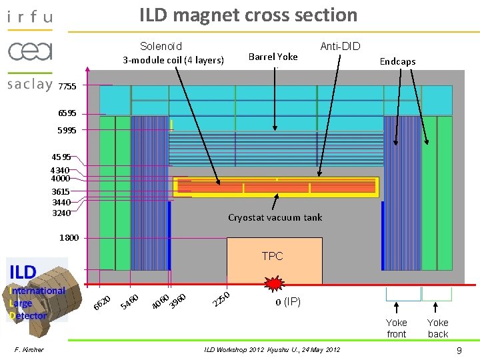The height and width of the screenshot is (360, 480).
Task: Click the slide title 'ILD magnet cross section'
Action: (248, 15)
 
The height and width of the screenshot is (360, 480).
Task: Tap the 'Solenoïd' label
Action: (161, 46)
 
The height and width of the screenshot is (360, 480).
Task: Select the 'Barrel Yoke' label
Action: (273, 57)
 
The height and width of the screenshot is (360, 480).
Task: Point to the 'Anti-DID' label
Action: (340, 46)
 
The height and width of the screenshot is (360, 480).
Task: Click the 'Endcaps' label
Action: (397, 61)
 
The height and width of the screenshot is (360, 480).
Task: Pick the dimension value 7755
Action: (67, 87)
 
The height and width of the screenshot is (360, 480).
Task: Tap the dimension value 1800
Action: (69, 237)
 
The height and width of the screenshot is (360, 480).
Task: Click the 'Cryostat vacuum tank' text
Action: (275, 217)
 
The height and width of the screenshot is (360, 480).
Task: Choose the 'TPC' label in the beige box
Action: (272, 256)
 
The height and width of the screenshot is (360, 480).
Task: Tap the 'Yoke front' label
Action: (397, 328)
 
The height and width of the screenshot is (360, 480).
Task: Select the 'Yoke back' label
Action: (437, 328)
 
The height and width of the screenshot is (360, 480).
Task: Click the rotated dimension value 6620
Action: (102, 301)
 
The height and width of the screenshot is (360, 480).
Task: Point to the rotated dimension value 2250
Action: (221, 300)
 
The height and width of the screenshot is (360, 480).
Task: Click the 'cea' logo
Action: (30, 51)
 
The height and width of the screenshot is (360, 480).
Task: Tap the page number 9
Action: (459, 349)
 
